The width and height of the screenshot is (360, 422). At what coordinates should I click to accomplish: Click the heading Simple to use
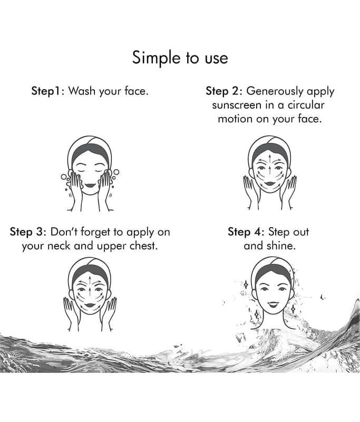click(180, 58)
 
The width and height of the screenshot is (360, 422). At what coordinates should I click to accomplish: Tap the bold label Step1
click(47, 91)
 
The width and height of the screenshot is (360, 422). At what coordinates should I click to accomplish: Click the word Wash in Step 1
click(82, 91)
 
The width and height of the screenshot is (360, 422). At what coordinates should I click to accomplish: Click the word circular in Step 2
click(306, 104)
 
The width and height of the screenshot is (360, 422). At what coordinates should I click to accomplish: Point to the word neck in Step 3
click(59, 246)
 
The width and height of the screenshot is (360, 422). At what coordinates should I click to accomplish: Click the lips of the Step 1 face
click(90, 186)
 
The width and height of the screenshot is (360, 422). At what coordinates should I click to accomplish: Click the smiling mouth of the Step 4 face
click(274, 304)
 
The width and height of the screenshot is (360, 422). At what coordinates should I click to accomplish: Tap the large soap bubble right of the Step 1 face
click(116, 172)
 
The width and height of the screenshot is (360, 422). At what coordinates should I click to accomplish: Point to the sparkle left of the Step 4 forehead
click(246, 284)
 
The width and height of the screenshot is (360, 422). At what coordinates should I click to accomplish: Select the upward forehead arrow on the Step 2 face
click(269, 159)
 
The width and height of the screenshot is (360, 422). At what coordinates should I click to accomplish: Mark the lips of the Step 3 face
click(90, 305)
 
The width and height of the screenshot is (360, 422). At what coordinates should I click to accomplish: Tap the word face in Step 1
click(137, 91)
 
